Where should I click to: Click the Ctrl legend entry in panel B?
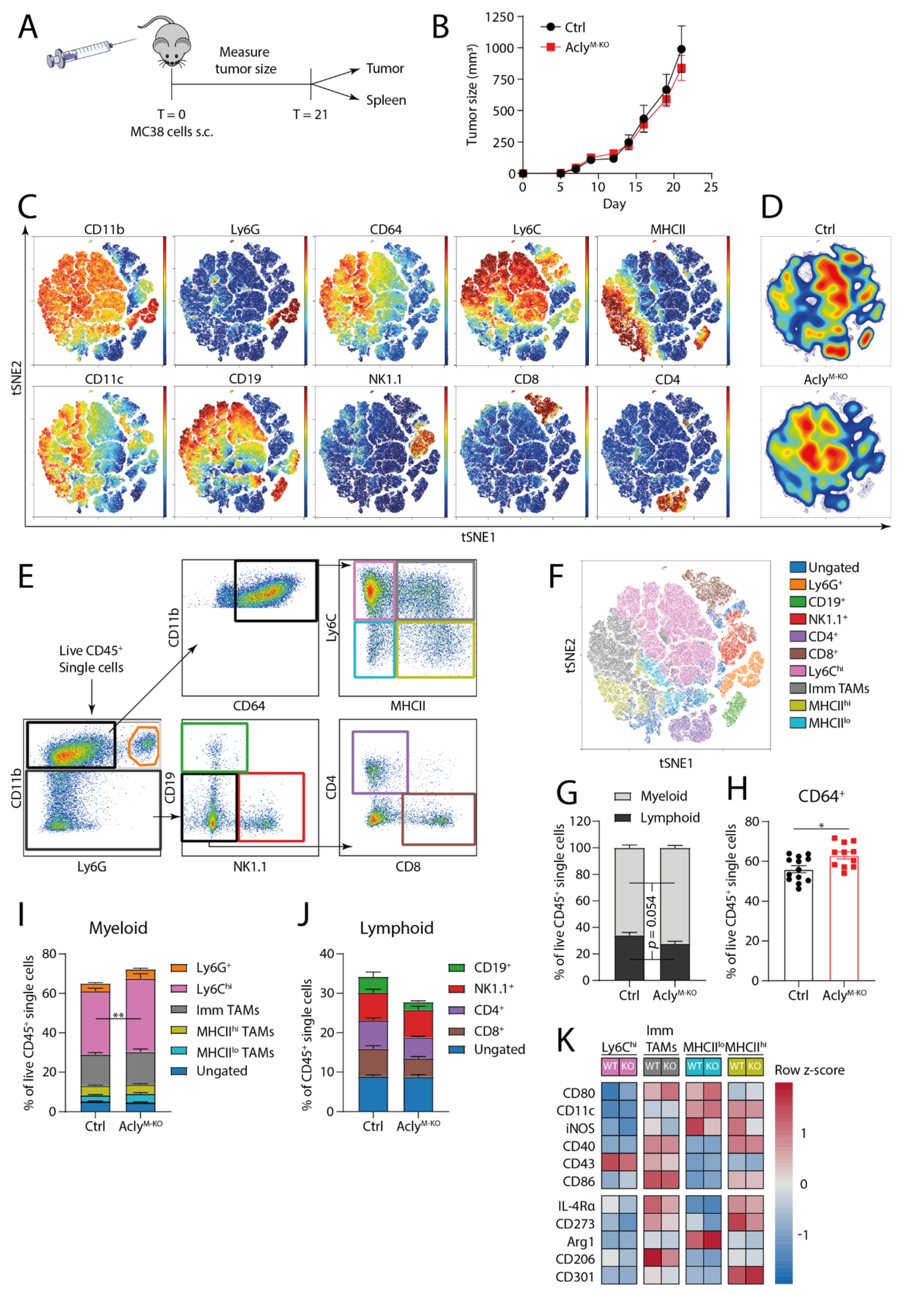[574, 27]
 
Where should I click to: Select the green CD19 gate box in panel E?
[214, 747]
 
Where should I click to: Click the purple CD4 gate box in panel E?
[380, 762]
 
